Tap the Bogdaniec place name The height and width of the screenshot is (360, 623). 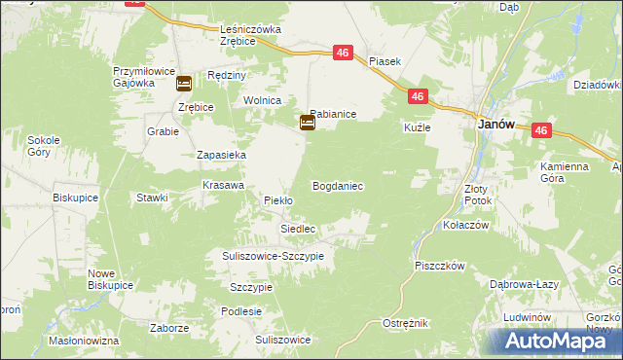pyautogui.click(x=338, y=185)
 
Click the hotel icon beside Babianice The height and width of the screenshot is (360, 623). pyautogui.click(x=307, y=123)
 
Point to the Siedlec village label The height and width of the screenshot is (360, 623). pyautogui.click(x=298, y=229)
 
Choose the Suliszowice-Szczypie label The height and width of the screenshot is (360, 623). pyautogui.click(x=270, y=255)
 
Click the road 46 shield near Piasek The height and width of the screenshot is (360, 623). pyautogui.click(x=343, y=54)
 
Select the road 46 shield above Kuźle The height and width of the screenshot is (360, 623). pyautogui.click(x=417, y=96)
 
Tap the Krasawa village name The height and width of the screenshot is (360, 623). pyautogui.click(x=223, y=184)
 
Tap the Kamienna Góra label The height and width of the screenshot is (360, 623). pyautogui.click(x=565, y=172)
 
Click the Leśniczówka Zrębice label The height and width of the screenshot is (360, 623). pyautogui.click(x=250, y=35)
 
